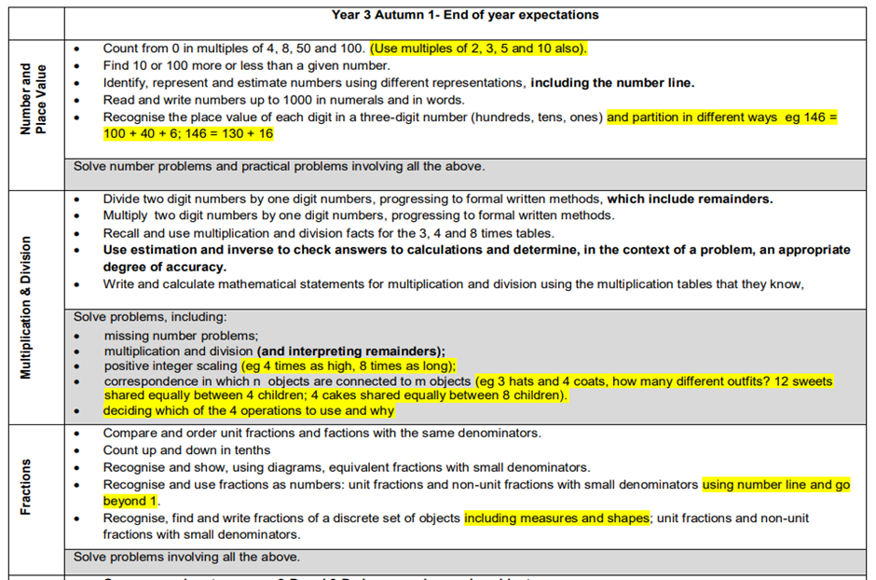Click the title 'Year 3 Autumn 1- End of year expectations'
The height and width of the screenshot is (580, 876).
465,15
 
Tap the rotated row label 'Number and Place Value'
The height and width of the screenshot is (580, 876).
33,99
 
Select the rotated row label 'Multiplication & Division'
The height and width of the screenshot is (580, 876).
26,307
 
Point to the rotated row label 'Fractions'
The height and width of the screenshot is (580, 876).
26,487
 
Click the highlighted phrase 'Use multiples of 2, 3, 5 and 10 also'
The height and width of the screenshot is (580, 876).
477,48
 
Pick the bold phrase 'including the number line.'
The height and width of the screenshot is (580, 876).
612,83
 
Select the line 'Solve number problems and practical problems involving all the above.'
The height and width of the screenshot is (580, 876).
279,167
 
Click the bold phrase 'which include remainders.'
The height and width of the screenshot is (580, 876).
690,199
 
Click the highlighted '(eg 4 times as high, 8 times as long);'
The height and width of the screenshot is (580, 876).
349,366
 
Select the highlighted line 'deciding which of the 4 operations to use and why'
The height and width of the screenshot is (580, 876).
248,410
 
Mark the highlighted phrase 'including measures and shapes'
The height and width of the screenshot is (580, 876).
556,518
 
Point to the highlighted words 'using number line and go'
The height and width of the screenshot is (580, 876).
775,485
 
